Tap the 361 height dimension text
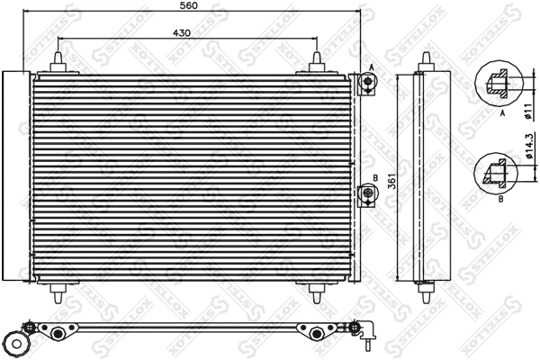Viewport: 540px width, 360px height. click(391, 180)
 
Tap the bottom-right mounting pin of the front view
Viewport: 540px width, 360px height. click(319, 293)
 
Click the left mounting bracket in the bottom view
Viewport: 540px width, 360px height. click(58, 333)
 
